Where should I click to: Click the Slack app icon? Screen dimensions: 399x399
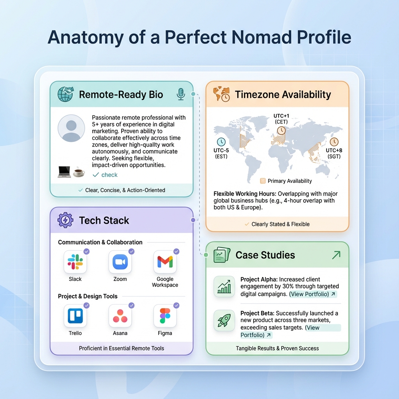[x=75, y=262]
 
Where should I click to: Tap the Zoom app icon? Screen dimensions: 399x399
[x=120, y=262]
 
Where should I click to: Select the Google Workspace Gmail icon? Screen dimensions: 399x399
[x=165, y=262]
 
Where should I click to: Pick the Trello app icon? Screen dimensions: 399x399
[x=75, y=316]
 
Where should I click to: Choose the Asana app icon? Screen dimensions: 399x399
[x=120, y=316]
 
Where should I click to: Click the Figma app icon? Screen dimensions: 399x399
[x=165, y=316]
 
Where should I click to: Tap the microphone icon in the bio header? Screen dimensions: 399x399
[x=180, y=94]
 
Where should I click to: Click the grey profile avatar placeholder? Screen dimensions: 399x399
[x=71, y=129]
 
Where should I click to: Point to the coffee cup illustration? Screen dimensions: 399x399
[x=79, y=171]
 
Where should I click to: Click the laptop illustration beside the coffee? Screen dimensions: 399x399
[x=64, y=171]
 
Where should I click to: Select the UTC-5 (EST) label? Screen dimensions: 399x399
[x=221, y=154]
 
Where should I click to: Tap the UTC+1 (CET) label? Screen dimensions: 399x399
[x=281, y=119]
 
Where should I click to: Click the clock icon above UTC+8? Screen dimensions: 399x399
[x=334, y=142]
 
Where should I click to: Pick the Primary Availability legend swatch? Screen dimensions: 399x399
[x=263, y=181]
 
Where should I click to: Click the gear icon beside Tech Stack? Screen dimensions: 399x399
[x=65, y=220]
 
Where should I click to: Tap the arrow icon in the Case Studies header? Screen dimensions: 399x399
[x=336, y=255]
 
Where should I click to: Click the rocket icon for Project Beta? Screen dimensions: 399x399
[x=224, y=321]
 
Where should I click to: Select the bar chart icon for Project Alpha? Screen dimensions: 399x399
[x=224, y=287]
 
